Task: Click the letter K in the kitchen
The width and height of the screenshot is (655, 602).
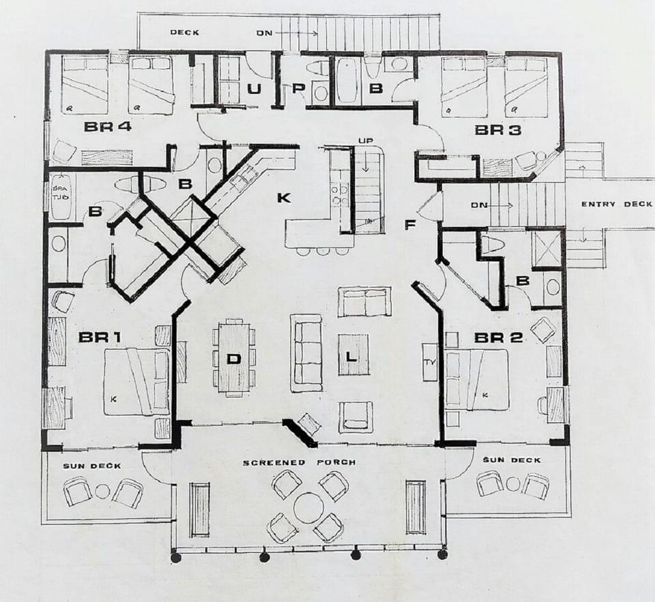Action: pyautogui.click(x=285, y=198)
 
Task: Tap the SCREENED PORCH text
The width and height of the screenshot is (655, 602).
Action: pyautogui.click(x=299, y=462)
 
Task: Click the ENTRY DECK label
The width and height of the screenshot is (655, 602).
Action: pyautogui.click(x=615, y=205)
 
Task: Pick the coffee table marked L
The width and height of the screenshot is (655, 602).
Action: pyautogui.click(x=353, y=355)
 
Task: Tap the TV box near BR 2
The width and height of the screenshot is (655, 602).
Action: pyautogui.click(x=429, y=362)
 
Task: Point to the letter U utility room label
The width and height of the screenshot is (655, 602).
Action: pyautogui.click(x=254, y=89)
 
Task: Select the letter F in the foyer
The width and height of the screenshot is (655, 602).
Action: pyautogui.click(x=410, y=225)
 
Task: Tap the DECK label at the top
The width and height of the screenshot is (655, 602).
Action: pyautogui.click(x=184, y=32)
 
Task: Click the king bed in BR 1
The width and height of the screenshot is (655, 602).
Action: pyautogui.click(x=136, y=381)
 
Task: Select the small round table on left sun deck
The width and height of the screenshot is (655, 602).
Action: pyautogui.click(x=102, y=491)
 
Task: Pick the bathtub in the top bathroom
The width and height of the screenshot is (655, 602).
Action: pyautogui.click(x=347, y=81)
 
